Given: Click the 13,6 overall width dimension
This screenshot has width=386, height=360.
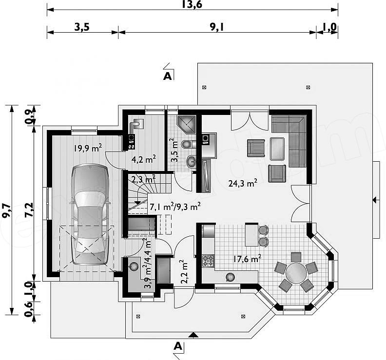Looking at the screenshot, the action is coord(192,4).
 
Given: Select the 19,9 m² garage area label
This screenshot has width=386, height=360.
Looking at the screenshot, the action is coord(88,148).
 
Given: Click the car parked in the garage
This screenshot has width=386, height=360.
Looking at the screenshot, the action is coord(90,214).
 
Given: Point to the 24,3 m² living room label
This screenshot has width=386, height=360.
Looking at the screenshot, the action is coord(243,183).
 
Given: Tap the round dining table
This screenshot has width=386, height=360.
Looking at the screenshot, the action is coord(296,273).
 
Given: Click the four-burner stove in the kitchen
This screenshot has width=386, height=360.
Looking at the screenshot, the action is coord(208,261).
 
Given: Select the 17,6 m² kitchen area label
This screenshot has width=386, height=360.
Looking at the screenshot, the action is coord(247,259).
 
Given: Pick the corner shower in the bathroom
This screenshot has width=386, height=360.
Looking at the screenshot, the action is coord(187,124).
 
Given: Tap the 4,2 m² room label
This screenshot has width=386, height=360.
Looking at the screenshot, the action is coord(143,159).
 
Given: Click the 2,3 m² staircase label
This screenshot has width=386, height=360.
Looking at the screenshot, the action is coord(143,179).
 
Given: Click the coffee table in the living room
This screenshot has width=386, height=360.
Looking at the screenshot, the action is coord(277,149).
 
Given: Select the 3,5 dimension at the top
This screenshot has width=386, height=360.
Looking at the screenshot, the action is coord(82,27).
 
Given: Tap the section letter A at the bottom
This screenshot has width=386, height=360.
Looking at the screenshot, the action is coord(178,346).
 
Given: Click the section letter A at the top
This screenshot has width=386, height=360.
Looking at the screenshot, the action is coord(167,76).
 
